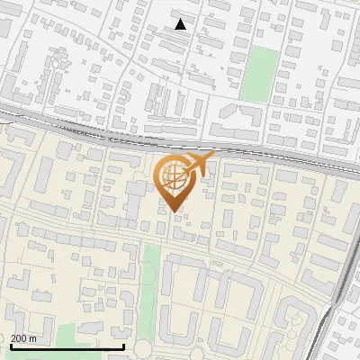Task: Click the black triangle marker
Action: click(181, 24)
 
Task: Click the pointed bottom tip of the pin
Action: click(175, 211)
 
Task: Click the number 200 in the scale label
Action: click(20, 338)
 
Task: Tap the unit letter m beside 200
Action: click(33, 338)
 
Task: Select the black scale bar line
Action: click(67, 346)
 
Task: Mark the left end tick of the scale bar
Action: click(10, 346)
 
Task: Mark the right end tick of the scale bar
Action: click(123, 346)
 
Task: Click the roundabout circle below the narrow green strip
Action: click(147, 349)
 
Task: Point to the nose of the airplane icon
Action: click(214, 156)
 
